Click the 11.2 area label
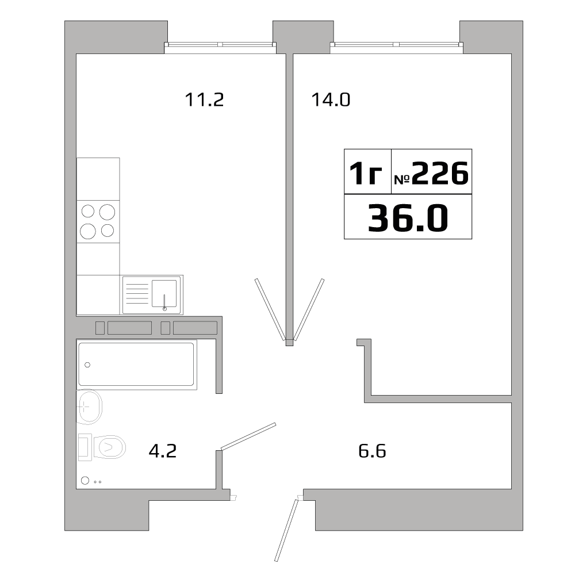[204, 100]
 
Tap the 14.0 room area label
[331, 100]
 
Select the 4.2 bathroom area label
[162, 451]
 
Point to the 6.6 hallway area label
[371, 451]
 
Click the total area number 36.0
[408, 218]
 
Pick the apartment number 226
[440, 173]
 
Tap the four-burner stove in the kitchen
[98, 221]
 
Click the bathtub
[136, 364]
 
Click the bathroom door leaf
[248, 435]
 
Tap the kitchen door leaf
[269, 308]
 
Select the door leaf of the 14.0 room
[309, 308]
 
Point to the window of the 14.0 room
[396, 45]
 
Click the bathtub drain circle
[88, 364]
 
